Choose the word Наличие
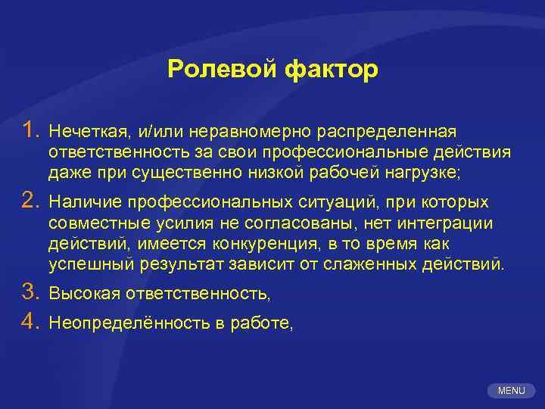point(85,203)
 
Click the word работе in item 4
point(262,323)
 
